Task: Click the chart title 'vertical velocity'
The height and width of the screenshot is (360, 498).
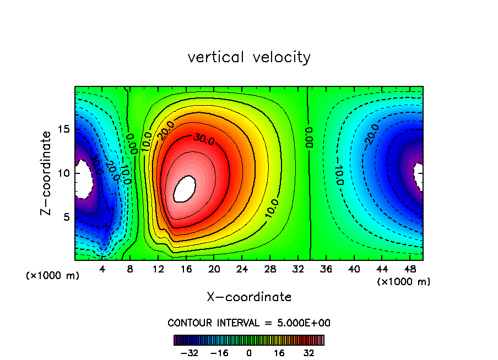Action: tap(249, 57)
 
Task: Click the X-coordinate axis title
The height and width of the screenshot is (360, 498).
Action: tap(249, 297)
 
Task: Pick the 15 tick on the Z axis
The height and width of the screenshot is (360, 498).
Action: tap(64, 129)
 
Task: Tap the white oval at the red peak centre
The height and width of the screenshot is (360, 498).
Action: tap(185, 189)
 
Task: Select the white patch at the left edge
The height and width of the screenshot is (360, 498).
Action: tap(84, 179)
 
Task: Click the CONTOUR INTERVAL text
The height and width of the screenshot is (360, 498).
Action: tap(249, 323)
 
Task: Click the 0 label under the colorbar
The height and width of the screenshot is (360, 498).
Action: tap(249, 352)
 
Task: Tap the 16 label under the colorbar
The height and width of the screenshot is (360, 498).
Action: tap(279, 352)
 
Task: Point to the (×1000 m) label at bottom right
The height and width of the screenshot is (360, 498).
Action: tap(404, 281)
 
